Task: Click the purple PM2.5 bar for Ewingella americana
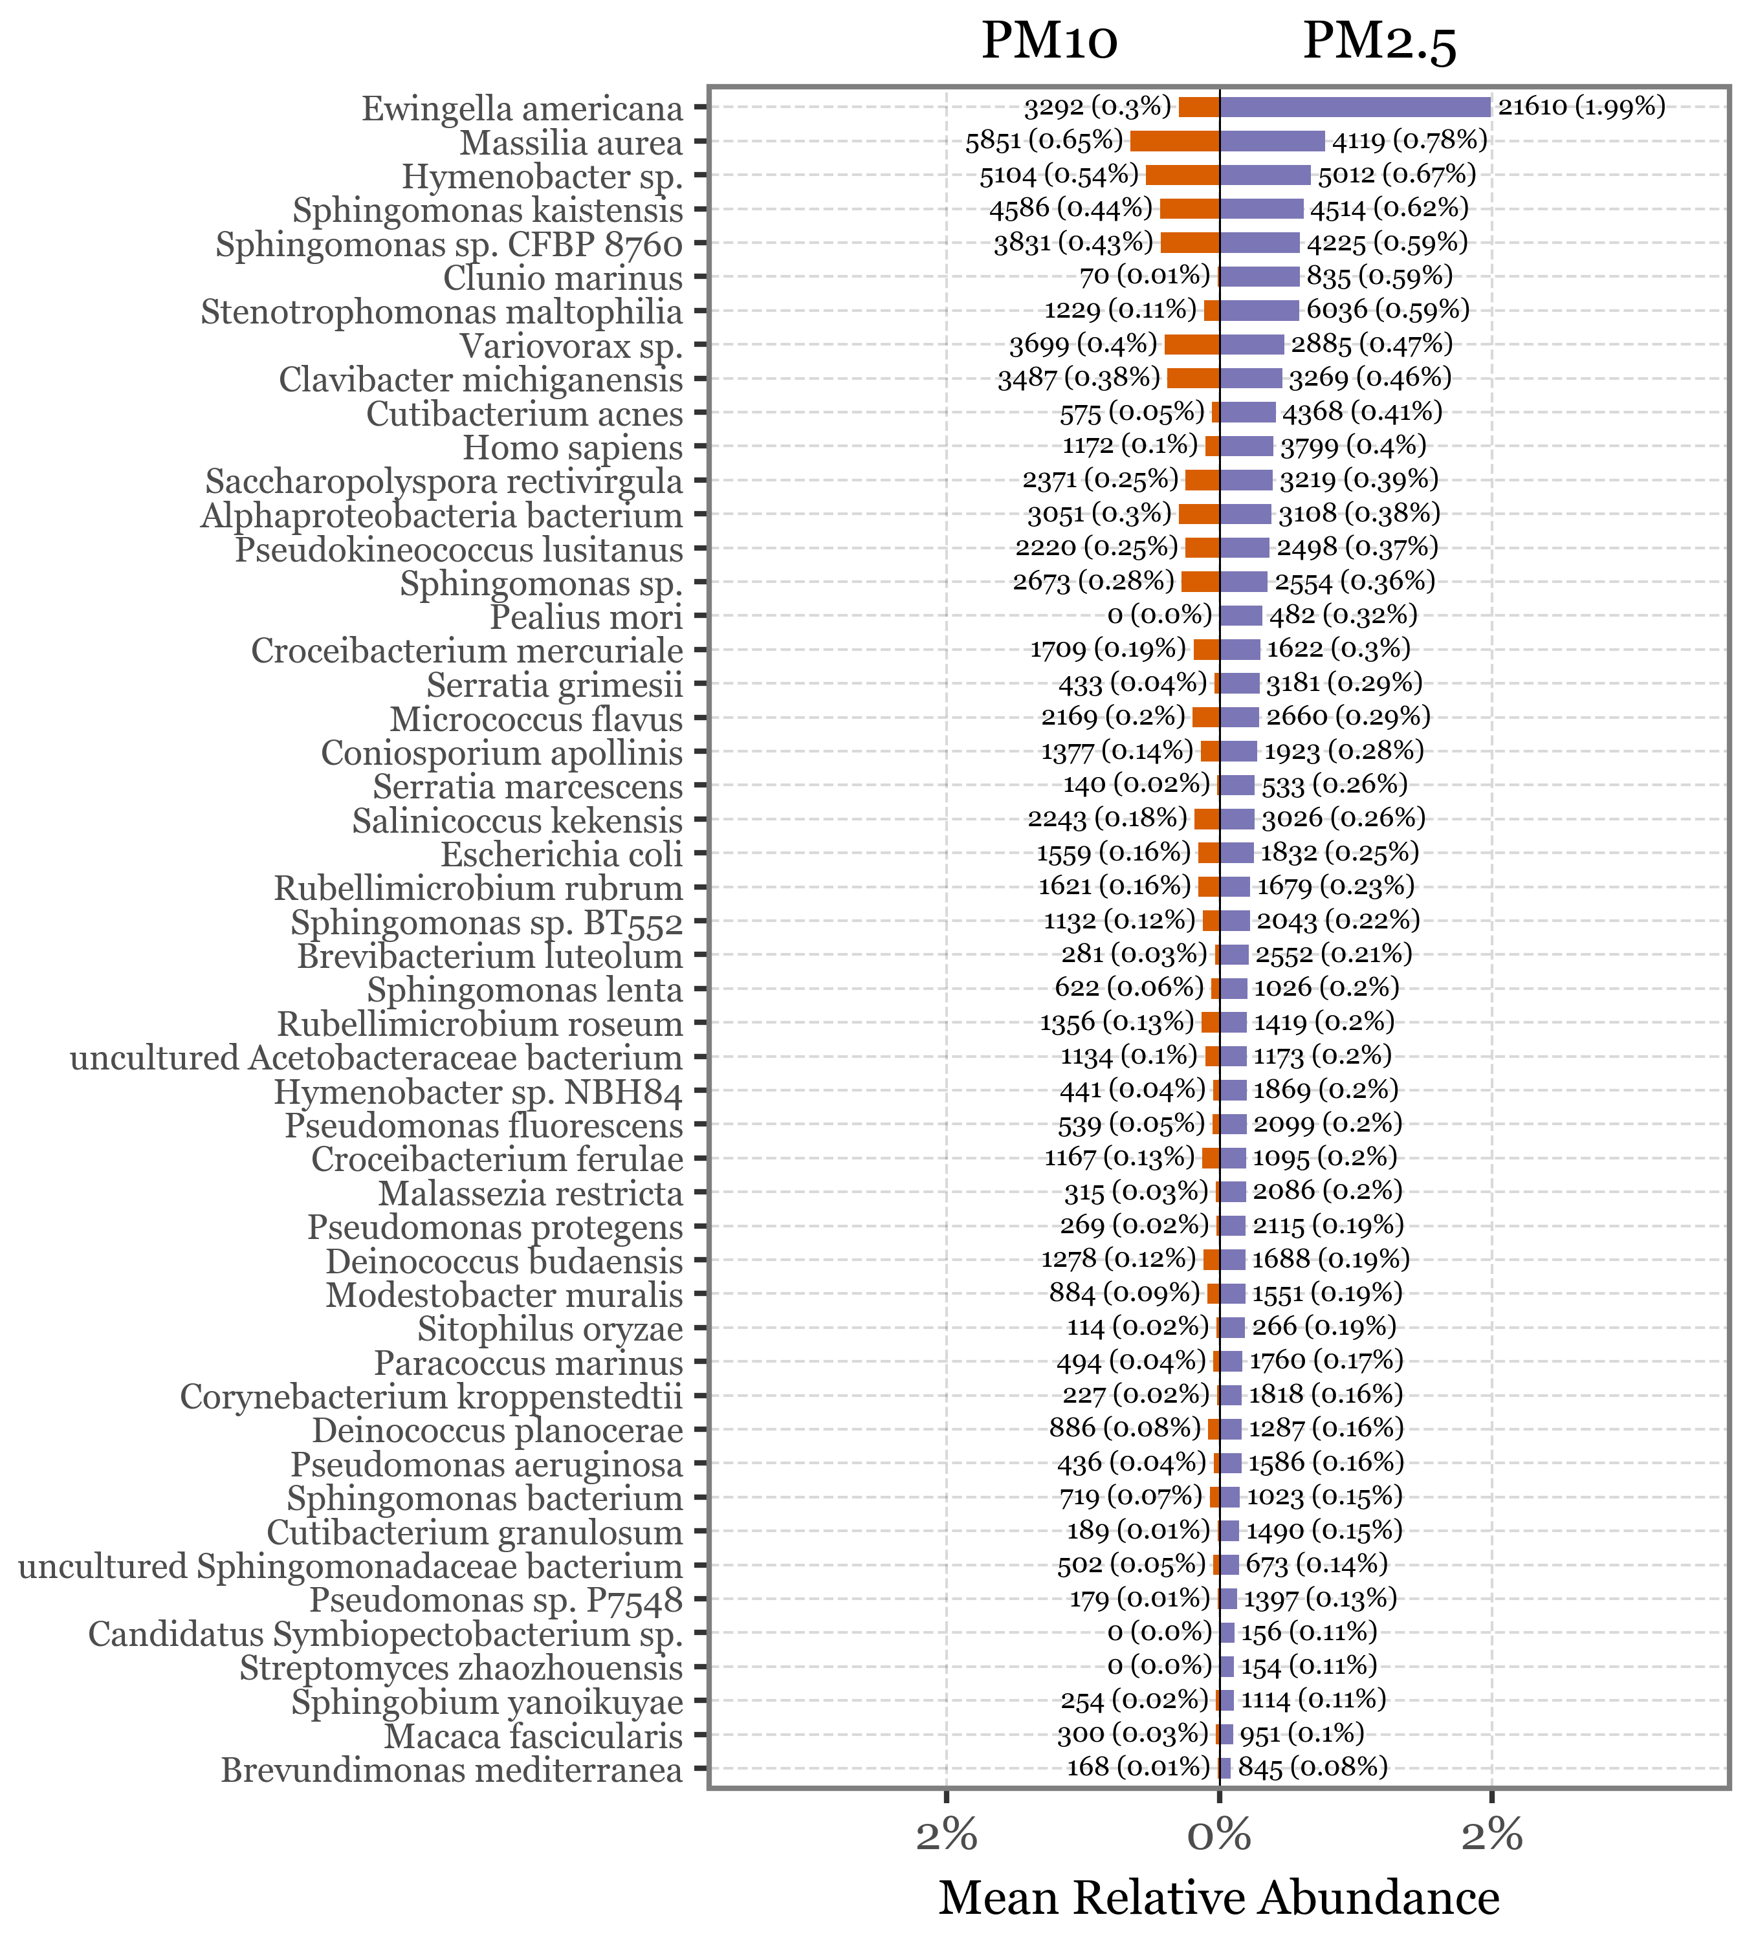(1354, 107)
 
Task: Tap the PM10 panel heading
(1049, 42)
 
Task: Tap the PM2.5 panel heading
(1379, 42)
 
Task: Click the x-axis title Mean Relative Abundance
(1218, 1898)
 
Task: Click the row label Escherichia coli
(562, 853)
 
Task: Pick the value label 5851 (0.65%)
(1044, 140)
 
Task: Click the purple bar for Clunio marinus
(1259, 276)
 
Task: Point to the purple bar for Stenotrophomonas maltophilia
(1259, 310)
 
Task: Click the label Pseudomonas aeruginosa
(487, 1465)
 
